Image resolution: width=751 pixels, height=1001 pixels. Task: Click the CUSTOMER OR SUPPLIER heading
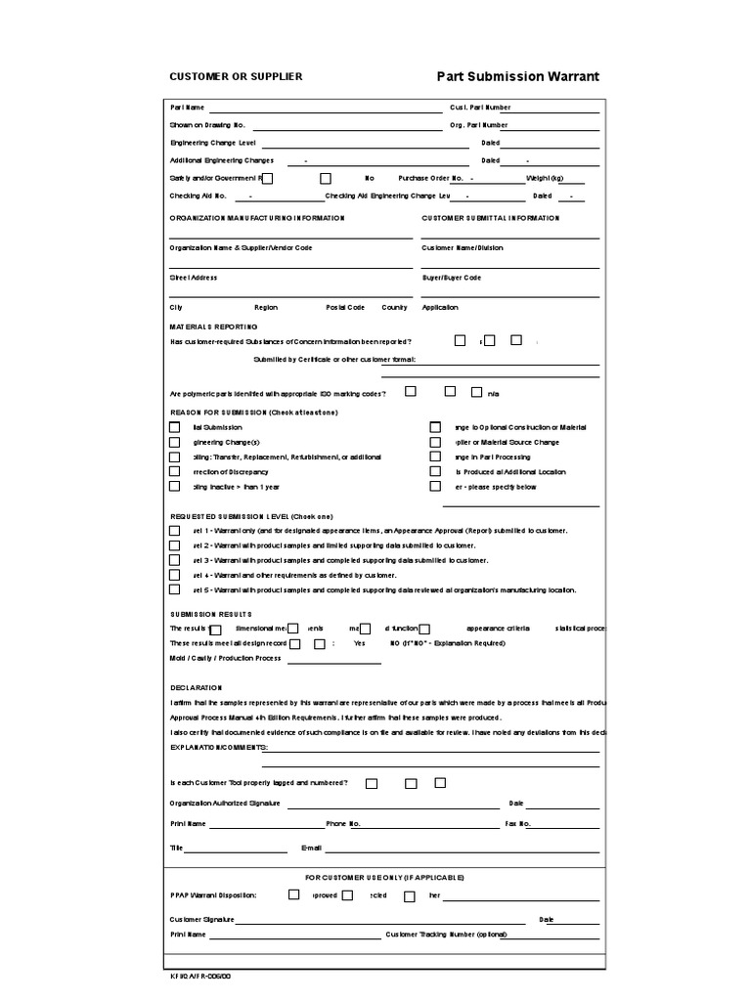[x=236, y=76]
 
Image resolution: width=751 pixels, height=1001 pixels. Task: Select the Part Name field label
[x=188, y=108]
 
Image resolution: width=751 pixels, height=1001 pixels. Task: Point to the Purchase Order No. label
[x=430, y=178]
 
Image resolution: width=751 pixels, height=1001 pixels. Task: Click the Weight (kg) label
[x=546, y=178]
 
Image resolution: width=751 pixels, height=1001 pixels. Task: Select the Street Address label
[x=194, y=278]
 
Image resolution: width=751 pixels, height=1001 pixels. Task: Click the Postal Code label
[x=345, y=307]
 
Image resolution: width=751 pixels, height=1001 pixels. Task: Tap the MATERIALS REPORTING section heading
[x=214, y=326]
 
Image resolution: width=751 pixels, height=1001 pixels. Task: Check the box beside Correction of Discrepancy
[x=175, y=471]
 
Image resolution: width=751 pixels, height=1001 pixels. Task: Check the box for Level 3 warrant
[x=175, y=560]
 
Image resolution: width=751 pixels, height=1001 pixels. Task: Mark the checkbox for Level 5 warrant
[x=175, y=589]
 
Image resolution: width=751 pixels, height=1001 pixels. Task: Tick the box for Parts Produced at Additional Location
[x=435, y=471]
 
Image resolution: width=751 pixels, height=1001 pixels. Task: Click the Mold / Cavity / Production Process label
[x=226, y=658]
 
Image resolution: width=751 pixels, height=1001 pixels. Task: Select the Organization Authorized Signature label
[x=225, y=804]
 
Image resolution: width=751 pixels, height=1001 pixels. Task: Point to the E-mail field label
[x=311, y=848]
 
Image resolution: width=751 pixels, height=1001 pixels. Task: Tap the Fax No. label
[x=518, y=824]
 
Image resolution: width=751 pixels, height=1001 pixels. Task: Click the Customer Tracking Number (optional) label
[x=447, y=935]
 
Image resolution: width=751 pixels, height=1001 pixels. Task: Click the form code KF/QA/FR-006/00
[x=201, y=975]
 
